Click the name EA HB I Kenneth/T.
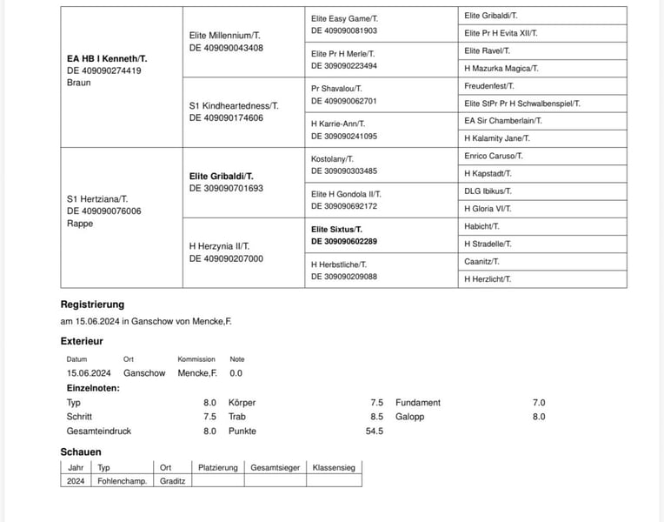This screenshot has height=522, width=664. pyautogui.click(x=107, y=58)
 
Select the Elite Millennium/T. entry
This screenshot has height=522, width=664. pyautogui.click(x=225, y=35)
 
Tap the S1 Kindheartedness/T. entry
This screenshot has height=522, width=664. pyautogui.click(x=233, y=105)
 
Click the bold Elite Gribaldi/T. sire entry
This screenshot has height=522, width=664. pyautogui.click(x=221, y=176)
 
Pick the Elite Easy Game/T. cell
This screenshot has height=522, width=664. pyautogui.click(x=344, y=18)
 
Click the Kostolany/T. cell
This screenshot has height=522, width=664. pyautogui.click(x=332, y=159)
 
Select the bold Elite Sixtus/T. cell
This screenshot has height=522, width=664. pyautogui.click(x=336, y=229)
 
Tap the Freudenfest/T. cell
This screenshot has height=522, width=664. pyautogui.click(x=489, y=86)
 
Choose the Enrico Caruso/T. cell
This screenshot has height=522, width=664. pyautogui.click(x=494, y=156)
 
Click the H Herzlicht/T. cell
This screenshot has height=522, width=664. pyautogui.click(x=488, y=279)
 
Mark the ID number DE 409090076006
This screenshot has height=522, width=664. pyautogui.click(x=103, y=211)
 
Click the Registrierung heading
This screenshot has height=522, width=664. pyautogui.click(x=92, y=304)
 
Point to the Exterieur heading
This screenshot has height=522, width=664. pyautogui.click(x=82, y=341)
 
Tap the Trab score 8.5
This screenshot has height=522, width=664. pyautogui.click(x=376, y=417)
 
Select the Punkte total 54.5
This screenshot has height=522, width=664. pyautogui.click(x=374, y=432)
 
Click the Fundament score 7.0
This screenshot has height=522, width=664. pyautogui.click(x=539, y=403)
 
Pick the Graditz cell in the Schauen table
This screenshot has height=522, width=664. pyautogui.click(x=172, y=480)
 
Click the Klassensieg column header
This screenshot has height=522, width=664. pyautogui.click(x=334, y=467)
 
